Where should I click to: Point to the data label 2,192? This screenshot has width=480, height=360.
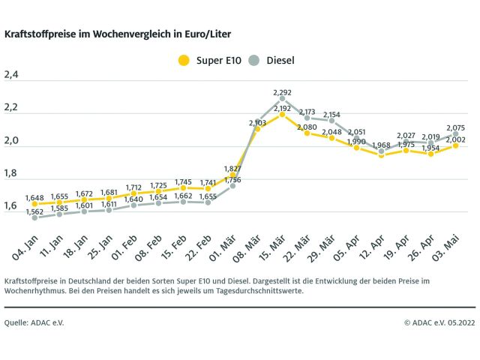pos(283,108)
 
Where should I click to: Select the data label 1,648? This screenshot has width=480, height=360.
pos(35,197)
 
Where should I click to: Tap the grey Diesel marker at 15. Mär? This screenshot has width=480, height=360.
pos(282,98)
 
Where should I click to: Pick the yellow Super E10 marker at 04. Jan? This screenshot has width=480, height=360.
pos(35,204)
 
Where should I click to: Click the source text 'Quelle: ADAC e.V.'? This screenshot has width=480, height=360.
pos(33,322)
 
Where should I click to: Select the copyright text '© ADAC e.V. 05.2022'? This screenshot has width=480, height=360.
pos(439,322)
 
